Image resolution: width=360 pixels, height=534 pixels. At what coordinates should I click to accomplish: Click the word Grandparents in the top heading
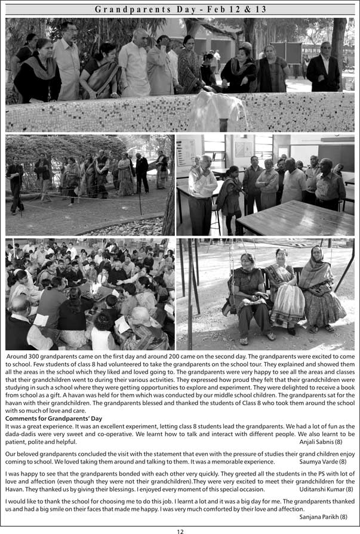(x=125, y=10)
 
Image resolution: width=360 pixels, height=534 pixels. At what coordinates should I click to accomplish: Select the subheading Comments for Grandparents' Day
(x=54, y=418)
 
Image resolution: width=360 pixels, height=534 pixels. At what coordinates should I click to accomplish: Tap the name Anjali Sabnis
(x=321, y=442)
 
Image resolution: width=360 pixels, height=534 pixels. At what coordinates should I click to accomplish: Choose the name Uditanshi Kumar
(x=326, y=489)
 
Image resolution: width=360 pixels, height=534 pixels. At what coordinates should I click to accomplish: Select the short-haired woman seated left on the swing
(x=247, y=295)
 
